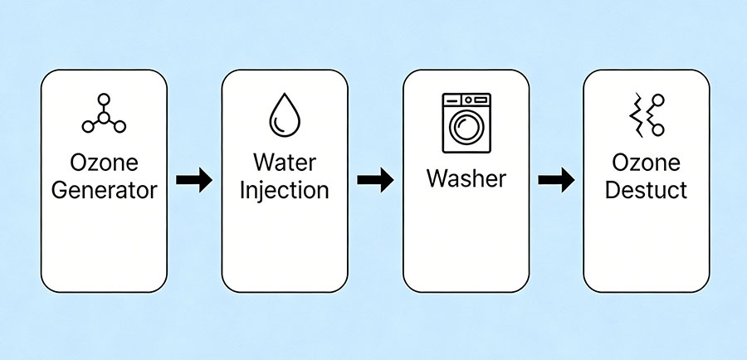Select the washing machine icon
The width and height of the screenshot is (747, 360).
(466, 123)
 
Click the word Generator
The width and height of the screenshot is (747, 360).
(104, 189)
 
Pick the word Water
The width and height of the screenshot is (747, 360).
(284, 161)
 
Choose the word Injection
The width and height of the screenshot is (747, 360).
(284, 189)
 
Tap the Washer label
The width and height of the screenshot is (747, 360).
(466, 177)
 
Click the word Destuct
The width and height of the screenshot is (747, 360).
(646, 189)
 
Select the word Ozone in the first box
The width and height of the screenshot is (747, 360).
(104, 161)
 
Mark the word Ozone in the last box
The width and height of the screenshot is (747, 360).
(646, 161)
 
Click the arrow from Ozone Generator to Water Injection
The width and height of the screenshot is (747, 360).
(193, 180)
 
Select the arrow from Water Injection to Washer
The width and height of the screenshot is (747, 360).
(374, 180)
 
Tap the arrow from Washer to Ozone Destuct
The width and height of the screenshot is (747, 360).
(555, 180)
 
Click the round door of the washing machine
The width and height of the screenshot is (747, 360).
(466, 129)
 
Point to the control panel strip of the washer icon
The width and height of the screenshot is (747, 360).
(466, 100)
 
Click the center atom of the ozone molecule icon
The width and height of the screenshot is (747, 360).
(104, 117)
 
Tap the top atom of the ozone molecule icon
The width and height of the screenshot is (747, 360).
(104, 99)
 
